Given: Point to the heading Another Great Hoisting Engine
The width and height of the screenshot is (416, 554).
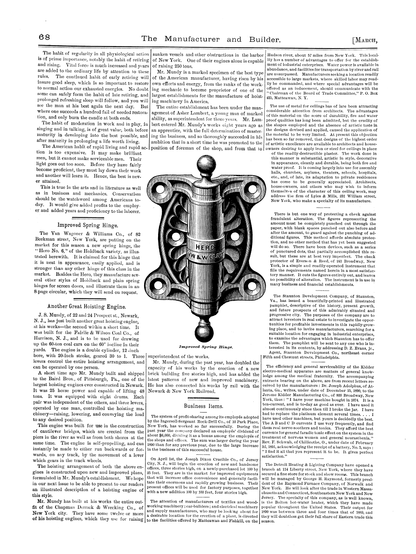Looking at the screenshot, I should point(87,305).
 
